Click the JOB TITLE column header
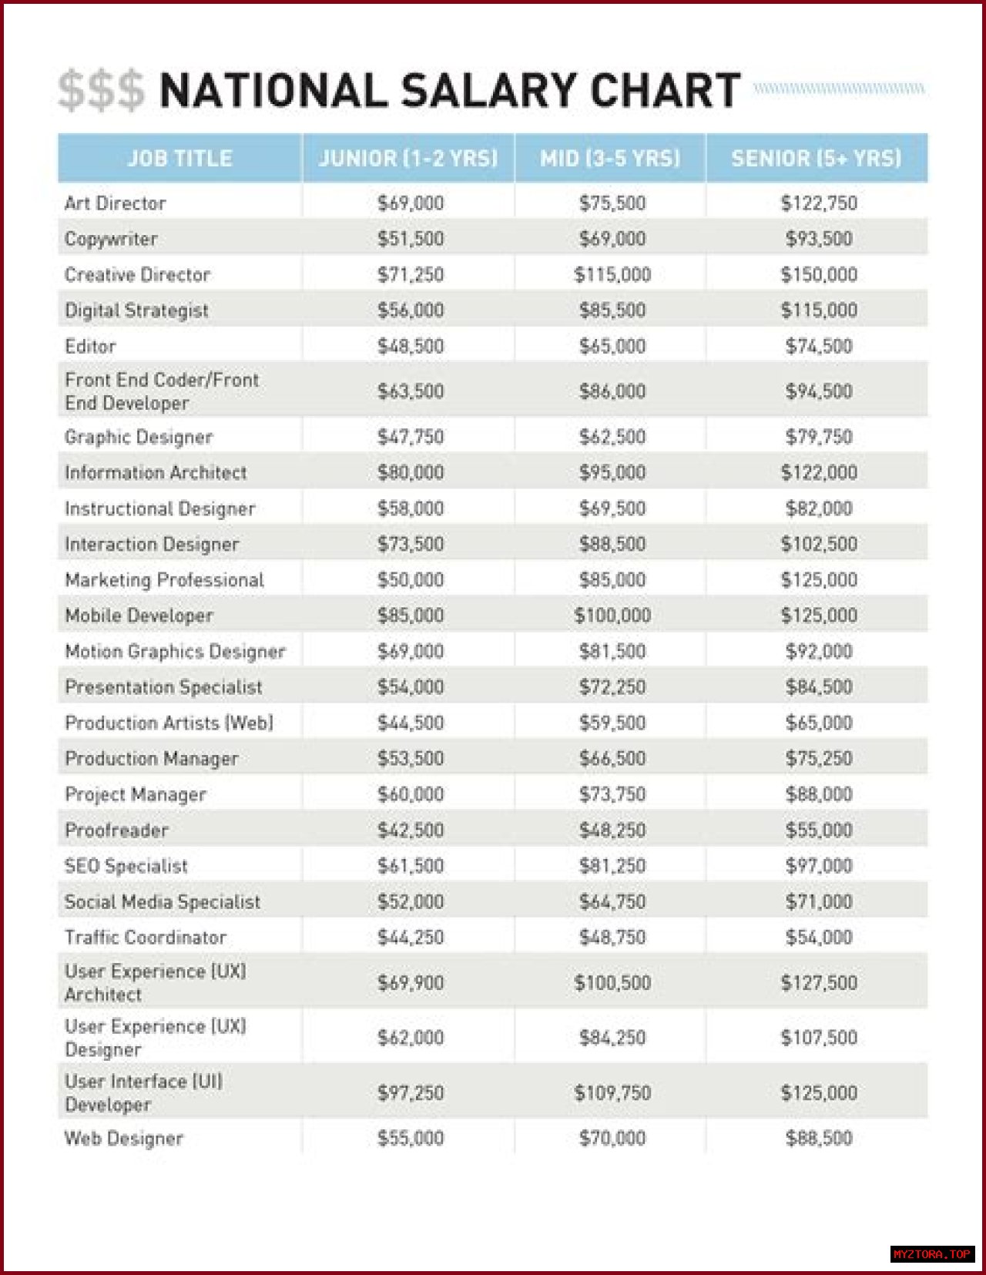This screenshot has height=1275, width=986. pyautogui.click(x=179, y=158)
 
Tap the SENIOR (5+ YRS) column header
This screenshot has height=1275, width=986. pyautogui.click(x=816, y=158)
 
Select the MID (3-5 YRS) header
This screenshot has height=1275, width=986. pyautogui.click(x=610, y=158)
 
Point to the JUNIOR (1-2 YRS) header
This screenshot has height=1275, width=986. pyautogui.click(x=408, y=158)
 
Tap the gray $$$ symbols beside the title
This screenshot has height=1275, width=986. pyautogui.click(x=101, y=91)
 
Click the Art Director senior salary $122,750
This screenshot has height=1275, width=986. pyautogui.click(x=819, y=203)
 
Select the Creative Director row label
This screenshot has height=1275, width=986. pyautogui.click(x=137, y=275)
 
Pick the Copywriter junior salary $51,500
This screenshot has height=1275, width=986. pyautogui.click(x=411, y=239)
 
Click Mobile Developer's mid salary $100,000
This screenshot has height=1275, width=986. pyautogui.click(x=612, y=616)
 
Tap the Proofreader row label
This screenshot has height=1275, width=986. pyautogui.click(x=116, y=830)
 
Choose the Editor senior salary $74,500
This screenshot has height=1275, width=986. pyautogui.click(x=819, y=347)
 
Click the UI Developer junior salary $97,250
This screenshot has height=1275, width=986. pyautogui.click(x=411, y=1093)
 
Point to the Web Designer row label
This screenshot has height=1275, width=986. pyautogui.click(x=124, y=1139)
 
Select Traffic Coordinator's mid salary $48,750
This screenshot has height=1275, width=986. pyautogui.click(x=612, y=938)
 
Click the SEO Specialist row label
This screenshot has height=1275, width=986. pyautogui.click(x=126, y=866)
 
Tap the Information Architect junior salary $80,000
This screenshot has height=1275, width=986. pyautogui.click(x=411, y=472)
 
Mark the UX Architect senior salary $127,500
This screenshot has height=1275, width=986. pyautogui.click(x=819, y=983)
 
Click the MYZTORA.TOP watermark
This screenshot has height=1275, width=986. pyautogui.click(x=932, y=1254)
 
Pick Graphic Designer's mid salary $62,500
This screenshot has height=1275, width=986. pyautogui.click(x=612, y=437)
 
